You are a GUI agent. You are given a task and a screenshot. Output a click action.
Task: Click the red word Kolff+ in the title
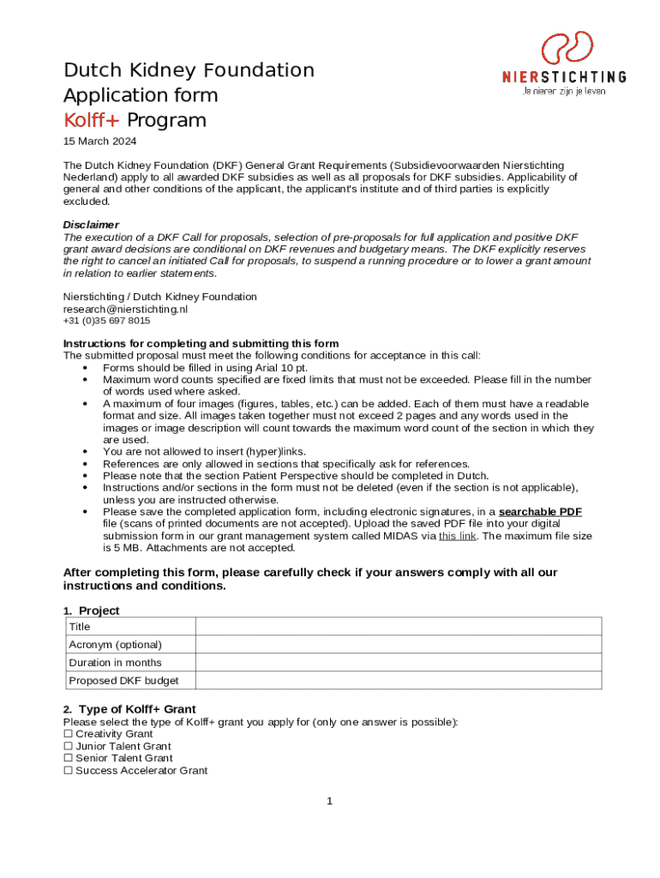93,120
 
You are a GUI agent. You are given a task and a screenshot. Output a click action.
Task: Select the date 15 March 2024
100,141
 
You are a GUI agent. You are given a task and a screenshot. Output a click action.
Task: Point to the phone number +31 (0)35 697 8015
106,321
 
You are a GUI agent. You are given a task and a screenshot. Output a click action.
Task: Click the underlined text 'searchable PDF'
540,512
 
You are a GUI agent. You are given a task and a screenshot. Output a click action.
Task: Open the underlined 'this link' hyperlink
458,536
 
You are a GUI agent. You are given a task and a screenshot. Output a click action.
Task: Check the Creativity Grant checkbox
69,734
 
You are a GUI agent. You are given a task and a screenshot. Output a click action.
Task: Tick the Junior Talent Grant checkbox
69,746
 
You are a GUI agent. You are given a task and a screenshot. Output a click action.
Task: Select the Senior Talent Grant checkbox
69,758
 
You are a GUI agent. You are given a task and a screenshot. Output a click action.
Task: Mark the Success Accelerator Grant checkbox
69,771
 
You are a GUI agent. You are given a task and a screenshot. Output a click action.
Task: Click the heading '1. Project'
92,610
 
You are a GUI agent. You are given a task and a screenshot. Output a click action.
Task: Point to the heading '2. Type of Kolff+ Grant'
129,709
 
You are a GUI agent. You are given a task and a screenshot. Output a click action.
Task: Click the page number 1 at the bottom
329,801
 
